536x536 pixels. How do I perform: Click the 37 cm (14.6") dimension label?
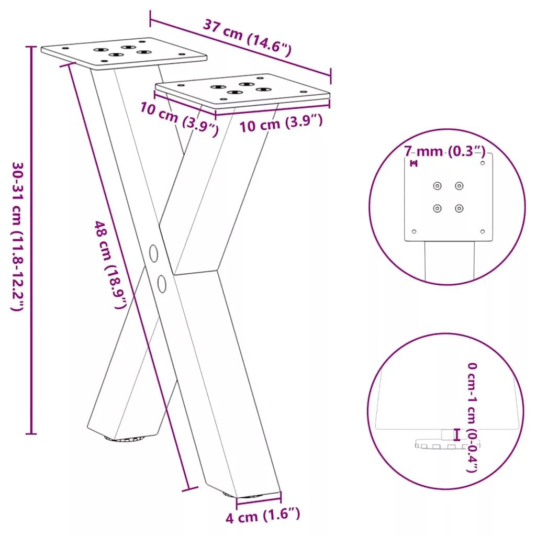click(x=248, y=38)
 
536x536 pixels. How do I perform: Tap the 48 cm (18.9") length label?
click(x=110, y=265)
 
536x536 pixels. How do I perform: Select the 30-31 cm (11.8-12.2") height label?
click(x=18, y=236)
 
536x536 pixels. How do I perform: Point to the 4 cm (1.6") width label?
click(x=263, y=515)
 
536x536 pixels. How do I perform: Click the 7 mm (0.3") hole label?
click(x=444, y=151)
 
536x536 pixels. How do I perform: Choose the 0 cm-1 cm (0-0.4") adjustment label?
click(x=472, y=417)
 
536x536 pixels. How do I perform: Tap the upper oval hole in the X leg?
click(x=154, y=253)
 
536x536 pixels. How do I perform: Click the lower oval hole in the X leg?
click(x=162, y=284)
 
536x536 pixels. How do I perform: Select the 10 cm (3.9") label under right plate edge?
click(x=281, y=123)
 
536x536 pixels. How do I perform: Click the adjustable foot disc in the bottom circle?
click(x=447, y=444)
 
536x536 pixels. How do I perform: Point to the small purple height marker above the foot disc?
click(x=456, y=434)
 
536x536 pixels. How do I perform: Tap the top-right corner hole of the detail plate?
click(x=482, y=163)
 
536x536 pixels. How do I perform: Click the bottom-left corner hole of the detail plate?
click(x=414, y=231)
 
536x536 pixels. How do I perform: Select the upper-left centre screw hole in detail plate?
click(x=437, y=186)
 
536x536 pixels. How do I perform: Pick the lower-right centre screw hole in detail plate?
click(x=459, y=208)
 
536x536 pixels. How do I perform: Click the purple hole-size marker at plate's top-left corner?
click(x=414, y=163)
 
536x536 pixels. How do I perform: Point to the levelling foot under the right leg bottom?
click(x=243, y=495)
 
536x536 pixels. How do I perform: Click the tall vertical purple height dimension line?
click(x=31, y=240)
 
